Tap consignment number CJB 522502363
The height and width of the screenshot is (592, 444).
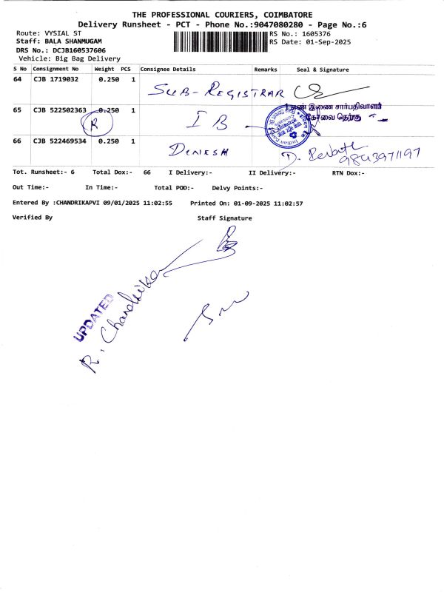click(x=60, y=110)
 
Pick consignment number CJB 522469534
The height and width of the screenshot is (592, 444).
click(x=60, y=141)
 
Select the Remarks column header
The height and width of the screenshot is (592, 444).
click(x=266, y=70)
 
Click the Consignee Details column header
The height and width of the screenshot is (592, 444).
click(x=168, y=70)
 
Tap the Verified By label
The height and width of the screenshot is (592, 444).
click(x=33, y=218)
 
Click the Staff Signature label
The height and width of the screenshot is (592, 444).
click(x=224, y=218)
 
